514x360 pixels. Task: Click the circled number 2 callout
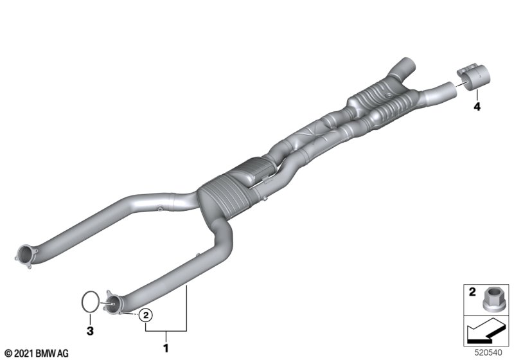[146, 316]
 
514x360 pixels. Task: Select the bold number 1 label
[166, 348]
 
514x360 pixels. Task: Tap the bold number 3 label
[90, 330]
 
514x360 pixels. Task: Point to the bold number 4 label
[477, 106]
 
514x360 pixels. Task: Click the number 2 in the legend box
[472, 291]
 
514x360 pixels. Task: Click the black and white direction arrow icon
[486, 331]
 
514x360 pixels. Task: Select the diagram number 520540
[488, 353]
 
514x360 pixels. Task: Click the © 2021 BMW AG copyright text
[36, 354]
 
